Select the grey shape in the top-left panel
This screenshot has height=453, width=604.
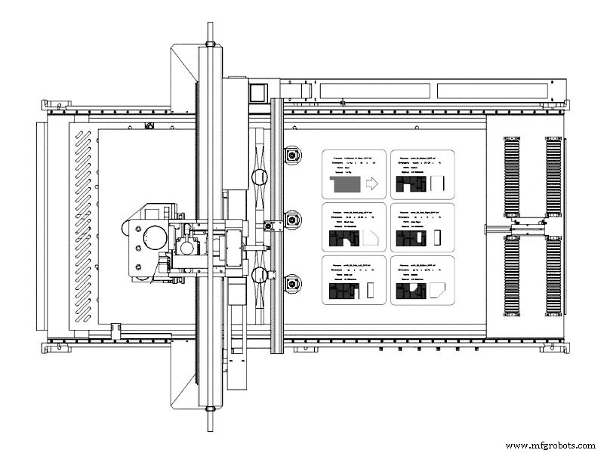coord(345,183)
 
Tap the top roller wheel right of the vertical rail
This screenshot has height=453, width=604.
coord(291,156)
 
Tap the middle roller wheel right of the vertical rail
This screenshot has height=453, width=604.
coord(291,220)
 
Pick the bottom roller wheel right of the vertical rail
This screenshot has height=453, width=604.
coord(291,284)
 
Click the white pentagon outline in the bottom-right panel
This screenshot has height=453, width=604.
coord(436,290)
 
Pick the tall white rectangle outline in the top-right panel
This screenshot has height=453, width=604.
coord(442,183)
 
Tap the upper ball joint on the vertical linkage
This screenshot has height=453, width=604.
coord(259,178)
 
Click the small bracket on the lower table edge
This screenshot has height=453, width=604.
coord(116,328)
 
